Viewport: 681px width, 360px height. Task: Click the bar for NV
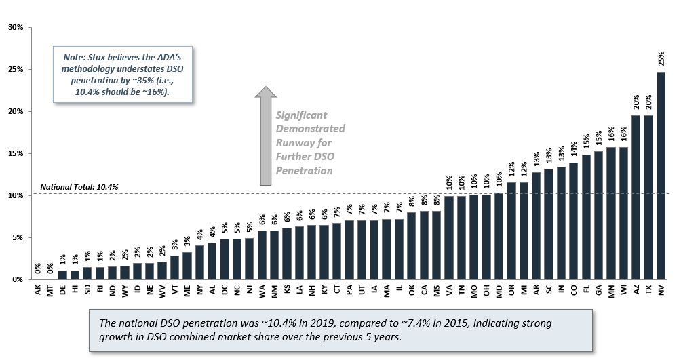click(661, 176)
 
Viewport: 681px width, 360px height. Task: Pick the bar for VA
click(449, 238)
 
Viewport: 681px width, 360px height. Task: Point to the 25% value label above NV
click(661, 60)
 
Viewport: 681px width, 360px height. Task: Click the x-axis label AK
click(37, 290)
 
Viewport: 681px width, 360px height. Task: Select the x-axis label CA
click(424, 290)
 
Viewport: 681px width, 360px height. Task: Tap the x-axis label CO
click(574, 290)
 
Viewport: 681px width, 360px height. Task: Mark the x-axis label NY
click(199, 290)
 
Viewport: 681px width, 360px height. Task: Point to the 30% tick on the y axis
click(15, 28)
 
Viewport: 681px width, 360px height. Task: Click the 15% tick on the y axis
click(15, 153)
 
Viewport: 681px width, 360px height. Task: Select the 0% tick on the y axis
click(17, 279)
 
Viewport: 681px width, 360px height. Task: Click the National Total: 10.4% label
click(70, 187)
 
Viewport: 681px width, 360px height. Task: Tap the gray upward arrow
click(265, 136)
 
